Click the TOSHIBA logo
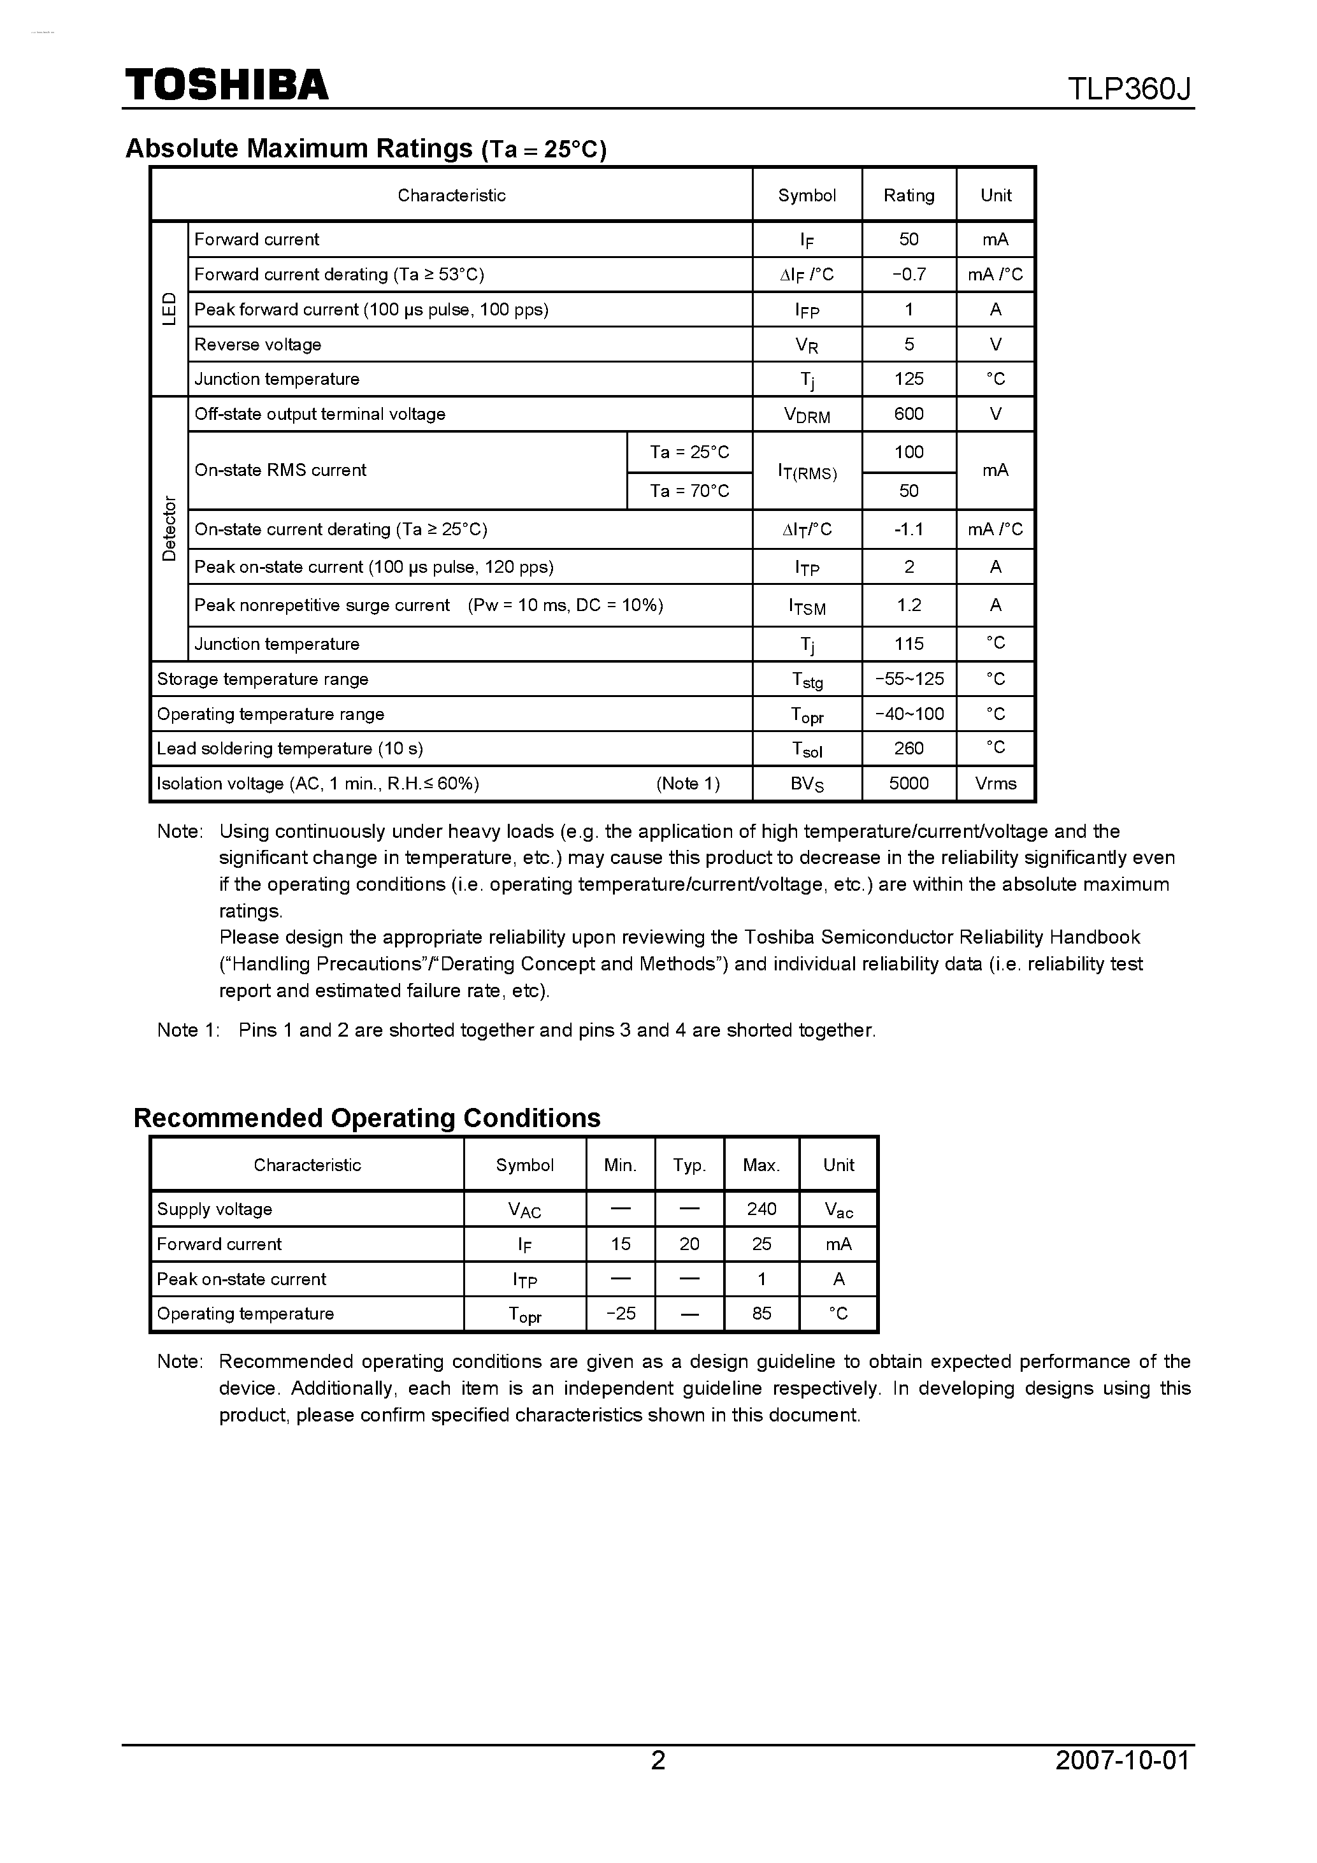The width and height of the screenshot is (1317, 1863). (226, 84)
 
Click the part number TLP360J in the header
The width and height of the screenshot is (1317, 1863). (1128, 89)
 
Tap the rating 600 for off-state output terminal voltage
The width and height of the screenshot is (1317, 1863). (908, 414)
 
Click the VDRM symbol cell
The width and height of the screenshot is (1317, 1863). (807, 415)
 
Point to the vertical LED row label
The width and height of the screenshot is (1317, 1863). (169, 309)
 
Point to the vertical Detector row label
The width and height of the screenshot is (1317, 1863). (169, 528)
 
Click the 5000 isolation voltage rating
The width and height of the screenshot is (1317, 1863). (908, 784)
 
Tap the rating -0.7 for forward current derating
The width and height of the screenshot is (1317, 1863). (908, 274)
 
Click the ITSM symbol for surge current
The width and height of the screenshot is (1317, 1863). (807, 606)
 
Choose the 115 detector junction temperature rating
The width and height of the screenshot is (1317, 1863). (908, 644)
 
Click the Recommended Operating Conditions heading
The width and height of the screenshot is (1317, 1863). (367, 1118)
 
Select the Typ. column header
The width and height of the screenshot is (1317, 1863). (689, 1165)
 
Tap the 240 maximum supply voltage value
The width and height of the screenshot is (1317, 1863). (761, 1209)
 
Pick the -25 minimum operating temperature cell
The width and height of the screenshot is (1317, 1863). (620, 1314)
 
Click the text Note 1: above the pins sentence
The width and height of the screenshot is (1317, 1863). (188, 1030)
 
